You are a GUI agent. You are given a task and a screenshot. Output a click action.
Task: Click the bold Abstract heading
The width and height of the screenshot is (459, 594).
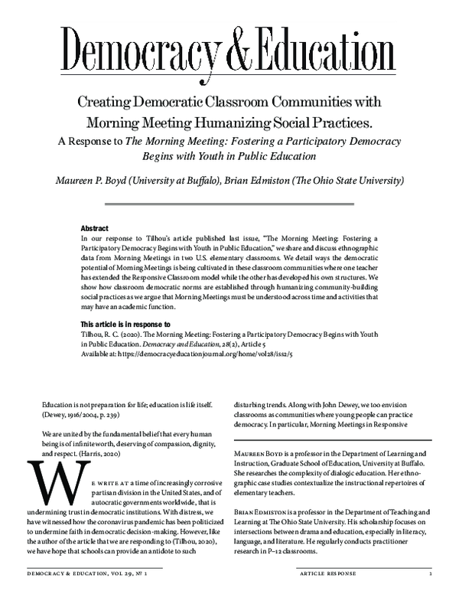[x=95, y=228]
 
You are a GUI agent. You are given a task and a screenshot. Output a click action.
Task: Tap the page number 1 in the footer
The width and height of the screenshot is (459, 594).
[x=431, y=573]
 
